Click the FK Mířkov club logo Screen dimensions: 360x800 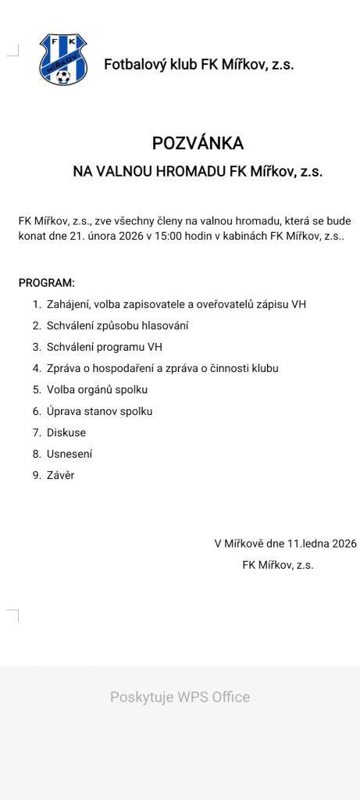[x=63, y=59]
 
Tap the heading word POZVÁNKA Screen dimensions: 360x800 [x=198, y=143]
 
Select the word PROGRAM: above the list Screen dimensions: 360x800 [x=47, y=283]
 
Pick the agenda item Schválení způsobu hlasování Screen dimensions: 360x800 [x=117, y=326]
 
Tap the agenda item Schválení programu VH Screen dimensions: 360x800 [x=105, y=347]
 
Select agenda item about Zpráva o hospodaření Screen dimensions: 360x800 [x=162, y=368]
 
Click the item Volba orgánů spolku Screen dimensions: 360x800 [x=97, y=390]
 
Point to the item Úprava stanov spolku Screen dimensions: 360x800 [x=99, y=411]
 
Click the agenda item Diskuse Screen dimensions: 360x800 [x=66, y=433]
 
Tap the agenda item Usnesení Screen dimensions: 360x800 [x=70, y=454]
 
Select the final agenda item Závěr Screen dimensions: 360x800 [x=60, y=475]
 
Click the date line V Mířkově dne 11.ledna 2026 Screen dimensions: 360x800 [x=285, y=544]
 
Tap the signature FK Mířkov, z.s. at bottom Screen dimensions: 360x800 [x=278, y=565]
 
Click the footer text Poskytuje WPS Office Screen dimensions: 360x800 [x=180, y=697]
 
